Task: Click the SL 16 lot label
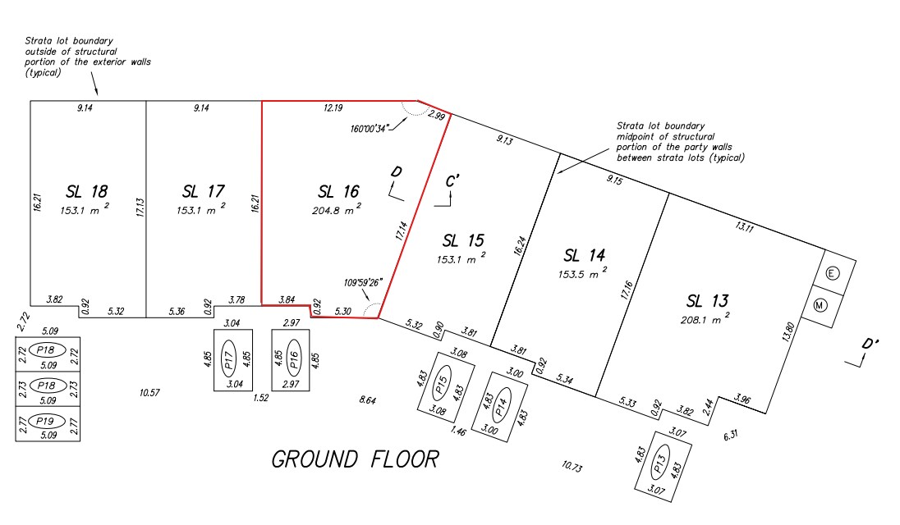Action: pos(338,191)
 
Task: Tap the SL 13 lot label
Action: pos(708,300)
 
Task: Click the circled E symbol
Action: pos(831,273)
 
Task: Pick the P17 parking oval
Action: pos(229,360)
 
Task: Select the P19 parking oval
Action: pos(48,421)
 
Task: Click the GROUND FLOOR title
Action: pos(355,459)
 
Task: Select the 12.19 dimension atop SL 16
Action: pos(333,107)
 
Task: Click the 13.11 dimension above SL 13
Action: pos(743,227)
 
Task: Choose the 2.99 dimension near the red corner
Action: pos(435,117)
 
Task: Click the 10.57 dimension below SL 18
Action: pos(149,393)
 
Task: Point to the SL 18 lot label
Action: pos(86,191)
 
